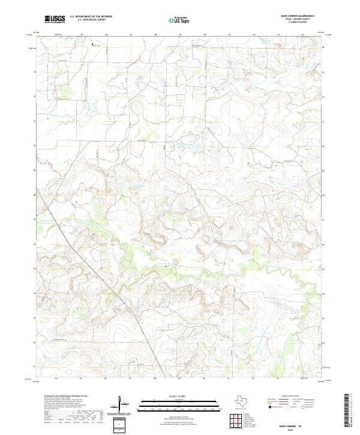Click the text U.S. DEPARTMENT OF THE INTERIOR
tap(91, 17)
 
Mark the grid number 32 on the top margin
tap(254, 35)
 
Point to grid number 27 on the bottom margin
tap(130, 379)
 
